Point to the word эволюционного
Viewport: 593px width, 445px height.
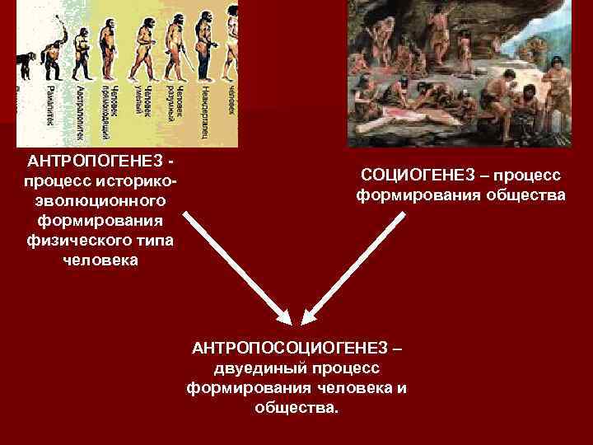tap(100, 200)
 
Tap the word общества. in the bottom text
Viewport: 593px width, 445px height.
tap(296, 408)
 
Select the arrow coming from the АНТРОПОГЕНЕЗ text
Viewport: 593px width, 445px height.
tap(235, 267)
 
